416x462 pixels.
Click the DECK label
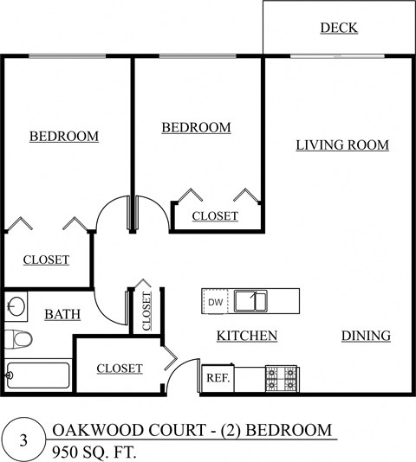(x=339, y=28)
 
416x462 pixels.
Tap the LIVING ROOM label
(x=341, y=144)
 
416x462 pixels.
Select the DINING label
(x=365, y=336)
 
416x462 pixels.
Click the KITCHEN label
(x=246, y=336)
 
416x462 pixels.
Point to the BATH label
(x=62, y=314)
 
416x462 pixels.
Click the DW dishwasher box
(x=215, y=302)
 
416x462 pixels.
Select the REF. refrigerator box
(x=217, y=378)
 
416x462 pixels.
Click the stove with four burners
(x=282, y=378)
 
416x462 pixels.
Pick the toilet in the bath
(x=17, y=338)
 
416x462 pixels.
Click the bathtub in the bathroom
(x=37, y=375)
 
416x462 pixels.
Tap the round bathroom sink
(x=15, y=305)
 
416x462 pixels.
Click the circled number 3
(x=23, y=440)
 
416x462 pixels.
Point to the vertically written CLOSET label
(x=146, y=309)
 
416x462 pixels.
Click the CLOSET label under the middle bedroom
(x=215, y=216)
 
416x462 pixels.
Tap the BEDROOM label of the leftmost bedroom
(x=63, y=136)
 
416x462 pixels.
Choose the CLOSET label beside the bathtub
(x=119, y=369)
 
